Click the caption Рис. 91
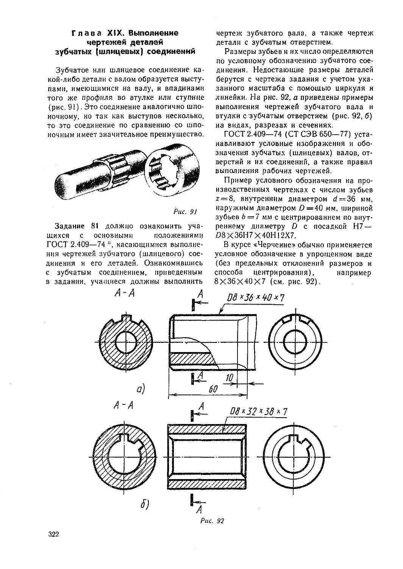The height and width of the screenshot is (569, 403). (186, 211)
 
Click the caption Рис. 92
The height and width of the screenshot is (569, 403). (212, 520)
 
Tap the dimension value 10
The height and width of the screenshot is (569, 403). (229, 378)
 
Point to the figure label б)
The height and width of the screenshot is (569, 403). (145, 504)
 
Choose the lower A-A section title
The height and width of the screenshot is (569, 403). (123, 405)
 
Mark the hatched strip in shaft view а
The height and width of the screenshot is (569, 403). (191, 358)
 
